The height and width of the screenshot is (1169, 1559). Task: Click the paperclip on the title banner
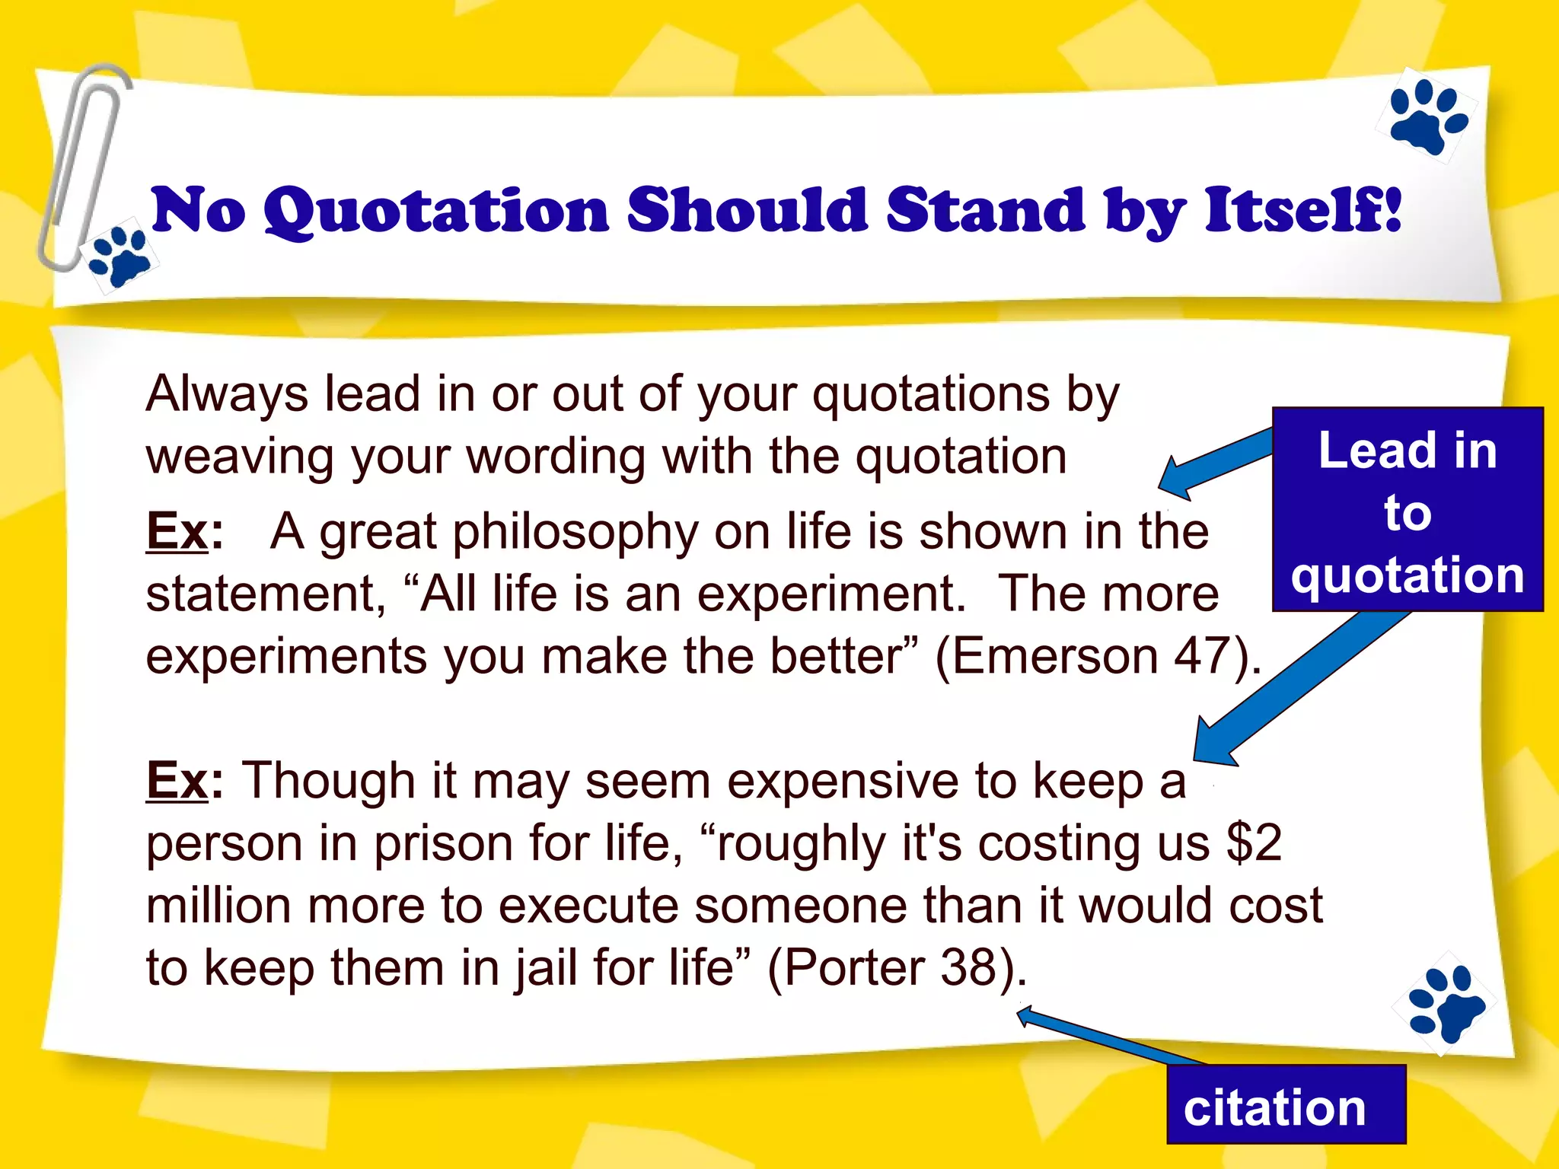(80, 167)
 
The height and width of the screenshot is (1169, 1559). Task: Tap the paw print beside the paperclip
(120, 257)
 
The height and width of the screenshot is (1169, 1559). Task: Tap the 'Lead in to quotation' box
(1408, 510)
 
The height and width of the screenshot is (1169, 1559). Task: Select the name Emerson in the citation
(1055, 656)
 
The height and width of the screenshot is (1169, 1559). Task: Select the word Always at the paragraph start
(227, 394)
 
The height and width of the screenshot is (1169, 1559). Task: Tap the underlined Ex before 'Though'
(177, 781)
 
